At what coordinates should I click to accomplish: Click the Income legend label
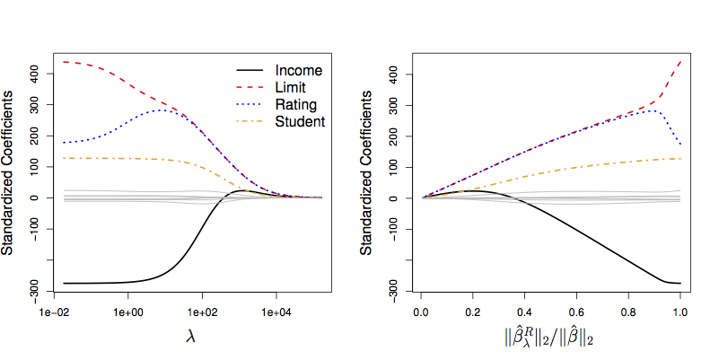[x=298, y=70]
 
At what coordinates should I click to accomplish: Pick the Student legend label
[x=300, y=121]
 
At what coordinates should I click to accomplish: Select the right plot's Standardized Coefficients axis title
[x=369, y=175]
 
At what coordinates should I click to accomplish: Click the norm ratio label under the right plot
[x=550, y=338]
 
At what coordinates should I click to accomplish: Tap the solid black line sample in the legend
[x=250, y=70]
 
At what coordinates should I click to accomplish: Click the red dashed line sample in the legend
[x=250, y=87]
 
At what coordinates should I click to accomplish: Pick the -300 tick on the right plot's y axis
[x=391, y=290]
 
